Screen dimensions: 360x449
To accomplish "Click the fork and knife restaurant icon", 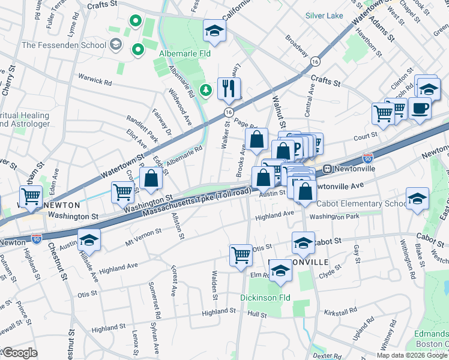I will pyautogui.click(x=229, y=89).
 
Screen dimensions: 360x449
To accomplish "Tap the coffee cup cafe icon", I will pyautogui.click(x=420, y=109).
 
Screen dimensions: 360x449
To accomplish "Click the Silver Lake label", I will pyautogui.click(x=324, y=15).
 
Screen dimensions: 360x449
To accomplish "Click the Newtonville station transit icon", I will pyautogui.click(x=328, y=169).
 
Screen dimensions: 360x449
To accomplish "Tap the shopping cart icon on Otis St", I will pyautogui.click(x=241, y=254).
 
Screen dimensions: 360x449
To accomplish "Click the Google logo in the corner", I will pyautogui.click(x=19, y=353).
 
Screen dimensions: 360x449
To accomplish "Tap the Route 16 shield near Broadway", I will pyautogui.click(x=315, y=61).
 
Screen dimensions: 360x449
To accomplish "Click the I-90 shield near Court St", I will pyautogui.click(x=368, y=159).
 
